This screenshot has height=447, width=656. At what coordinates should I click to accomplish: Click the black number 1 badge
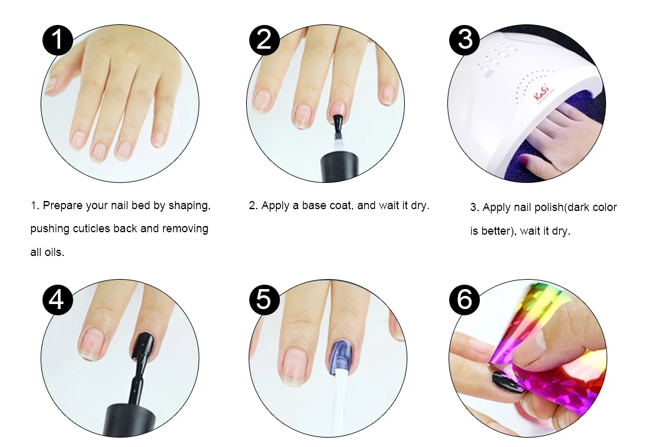point(57,40)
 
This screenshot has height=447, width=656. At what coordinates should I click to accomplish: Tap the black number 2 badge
point(264,40)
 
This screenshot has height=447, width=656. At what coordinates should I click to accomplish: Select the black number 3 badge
point(464,40)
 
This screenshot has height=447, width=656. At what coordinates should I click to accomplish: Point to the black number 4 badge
point(57,300)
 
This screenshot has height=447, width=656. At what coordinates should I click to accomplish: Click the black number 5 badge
point(264,300)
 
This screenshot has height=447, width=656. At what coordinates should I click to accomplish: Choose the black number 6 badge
point(464,300)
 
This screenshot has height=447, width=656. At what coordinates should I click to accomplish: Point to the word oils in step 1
point(54,252)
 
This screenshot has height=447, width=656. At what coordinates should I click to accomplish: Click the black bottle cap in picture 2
point(339,168)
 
